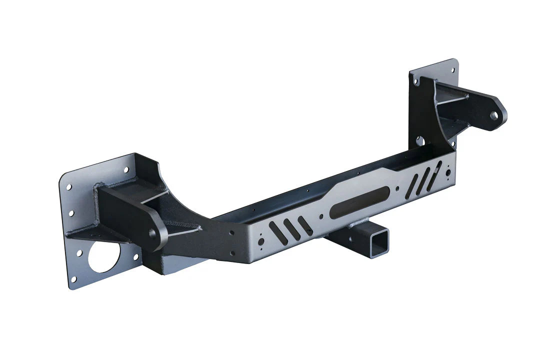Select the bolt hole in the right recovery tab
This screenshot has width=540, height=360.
coord(494,115)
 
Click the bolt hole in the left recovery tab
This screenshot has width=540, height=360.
coord(151,233)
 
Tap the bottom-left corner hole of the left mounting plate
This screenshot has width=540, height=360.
coord(74,278)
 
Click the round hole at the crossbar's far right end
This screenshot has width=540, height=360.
coord(448,172)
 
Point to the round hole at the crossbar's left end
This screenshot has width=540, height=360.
coord(260,241)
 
